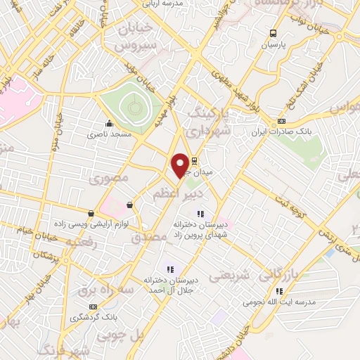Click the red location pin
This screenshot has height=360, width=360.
tap(180, 164)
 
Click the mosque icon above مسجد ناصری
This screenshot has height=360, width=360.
tap(108, 124)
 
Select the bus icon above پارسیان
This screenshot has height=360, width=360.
tap(273, 33)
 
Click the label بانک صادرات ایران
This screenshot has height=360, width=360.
tap(279, 132)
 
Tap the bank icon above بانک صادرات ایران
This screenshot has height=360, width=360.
tap(281, 121)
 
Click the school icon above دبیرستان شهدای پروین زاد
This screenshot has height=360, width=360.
tap(200, 214)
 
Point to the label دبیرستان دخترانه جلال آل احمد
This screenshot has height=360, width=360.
tap(170, 284)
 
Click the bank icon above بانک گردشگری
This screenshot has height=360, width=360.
tap(94, 307)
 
